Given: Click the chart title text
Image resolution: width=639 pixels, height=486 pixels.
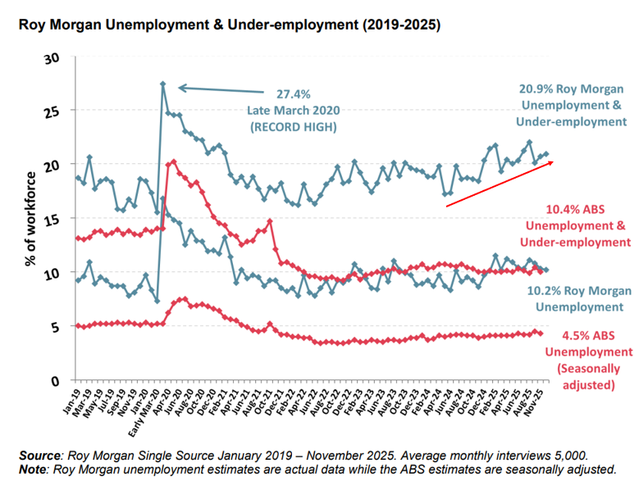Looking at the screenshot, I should click(230, 25).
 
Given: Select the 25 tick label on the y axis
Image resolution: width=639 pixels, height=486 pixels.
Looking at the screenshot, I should click(54, 111).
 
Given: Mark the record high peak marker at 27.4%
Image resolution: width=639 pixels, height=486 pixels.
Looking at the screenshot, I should click(163, 84).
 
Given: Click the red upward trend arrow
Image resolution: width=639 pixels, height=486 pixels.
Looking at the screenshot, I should click(500, 184).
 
